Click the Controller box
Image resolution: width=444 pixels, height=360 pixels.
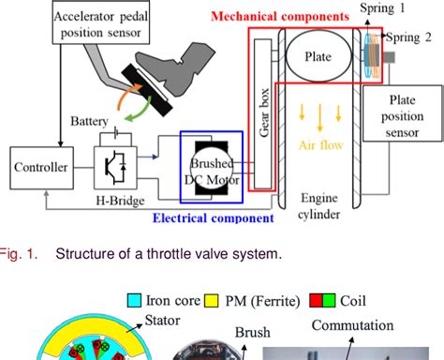40,168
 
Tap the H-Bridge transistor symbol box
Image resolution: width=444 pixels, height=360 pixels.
115,167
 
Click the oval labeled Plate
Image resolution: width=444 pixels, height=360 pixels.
318,55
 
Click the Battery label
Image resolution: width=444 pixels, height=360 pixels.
90,120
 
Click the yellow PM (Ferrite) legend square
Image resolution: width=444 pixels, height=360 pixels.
212,302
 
